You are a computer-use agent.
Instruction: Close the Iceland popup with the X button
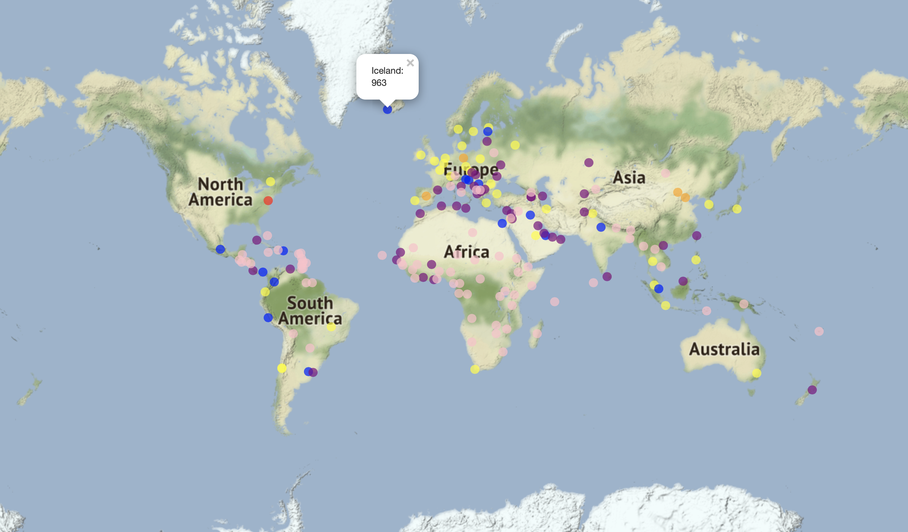pyautogui.click(x=410, y=63)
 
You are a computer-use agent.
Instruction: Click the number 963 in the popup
pyautogui.click(x=379, y=83)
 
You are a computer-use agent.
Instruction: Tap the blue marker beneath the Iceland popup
pyautogui.click(x=387, y=109)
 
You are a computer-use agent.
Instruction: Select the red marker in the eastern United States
pyautogui.click(x=268, y=200)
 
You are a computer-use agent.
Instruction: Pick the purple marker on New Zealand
pyautogui.click(x=812, y=389)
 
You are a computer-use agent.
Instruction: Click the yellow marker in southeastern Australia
pyautogui.click(x=757, y=373)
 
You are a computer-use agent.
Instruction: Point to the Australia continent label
pyautogui.click(x=724, y=349)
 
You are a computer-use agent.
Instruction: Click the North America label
pyautogui.click(x=220, y=192)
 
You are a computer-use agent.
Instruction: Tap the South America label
pyautogui.click(x=310, y=311)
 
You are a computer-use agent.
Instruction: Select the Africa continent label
pyautogui.click(x=467, y=252)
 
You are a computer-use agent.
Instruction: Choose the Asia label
pyautogui.click(x=629, y=178)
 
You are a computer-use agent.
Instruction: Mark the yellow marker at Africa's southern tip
pyautogui.click(x=475, y=369)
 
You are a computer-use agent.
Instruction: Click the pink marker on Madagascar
pyautogui.click(x=537, y=333)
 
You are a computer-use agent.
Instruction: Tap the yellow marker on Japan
pyautogui.click(x=737, y=209)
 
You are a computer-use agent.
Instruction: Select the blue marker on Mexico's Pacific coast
pyautogui.click(x=220, y=249)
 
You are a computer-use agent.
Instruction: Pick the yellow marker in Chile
pyautogui.click(x=282, y=368)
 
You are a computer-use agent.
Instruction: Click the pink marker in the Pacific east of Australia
pyautogui.click(x=819, y=331)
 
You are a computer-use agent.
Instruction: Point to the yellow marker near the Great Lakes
pyautogui.click(x=271, y=182)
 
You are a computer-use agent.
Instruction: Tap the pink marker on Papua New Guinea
pyautogui.click(x=744, y=304)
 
